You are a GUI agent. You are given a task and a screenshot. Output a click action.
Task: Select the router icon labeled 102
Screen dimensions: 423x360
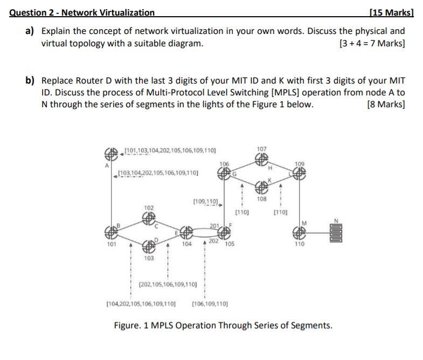click(x=149, y=218)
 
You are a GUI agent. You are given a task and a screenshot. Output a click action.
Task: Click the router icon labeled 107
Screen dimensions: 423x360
click(x=262, y=158)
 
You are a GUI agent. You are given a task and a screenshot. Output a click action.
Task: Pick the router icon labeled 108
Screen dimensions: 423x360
click(x=262, y=188)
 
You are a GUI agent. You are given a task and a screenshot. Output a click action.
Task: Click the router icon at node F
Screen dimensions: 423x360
click(x=225, y=233)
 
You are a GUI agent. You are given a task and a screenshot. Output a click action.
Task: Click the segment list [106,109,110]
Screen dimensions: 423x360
click(x=210, y=303)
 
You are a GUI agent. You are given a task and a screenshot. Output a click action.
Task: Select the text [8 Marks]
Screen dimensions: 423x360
click(x=385, y=104)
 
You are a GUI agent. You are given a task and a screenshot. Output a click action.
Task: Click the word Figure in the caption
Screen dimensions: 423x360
click(x=128, y=326)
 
